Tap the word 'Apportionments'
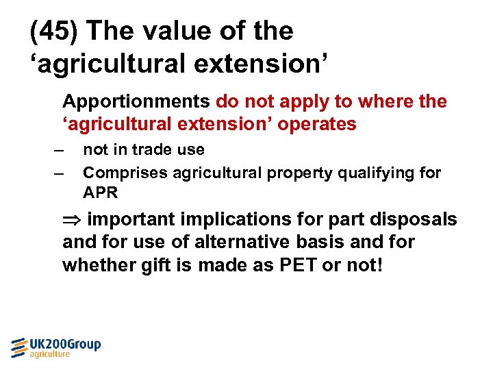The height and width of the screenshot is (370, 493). pyautogui.click(x=136, y=102)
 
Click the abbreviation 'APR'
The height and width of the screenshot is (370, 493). pyautogui.click(x=101, y=193)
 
